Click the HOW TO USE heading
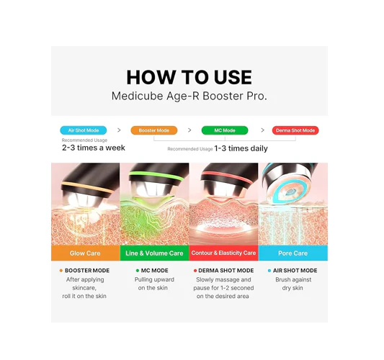(189, 77)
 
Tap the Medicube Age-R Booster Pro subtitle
(189, 96)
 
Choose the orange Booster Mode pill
(153, 130)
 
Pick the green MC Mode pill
(225, 130)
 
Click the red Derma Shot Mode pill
(295, 130)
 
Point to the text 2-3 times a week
(93, 148)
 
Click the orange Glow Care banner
(85, 253)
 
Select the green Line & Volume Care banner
(154, 253)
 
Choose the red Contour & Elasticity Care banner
(223, 253)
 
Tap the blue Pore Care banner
(293, 253)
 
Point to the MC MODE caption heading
(154, 271)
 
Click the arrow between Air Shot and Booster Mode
(119, 130)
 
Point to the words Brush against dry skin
(293, 284)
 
